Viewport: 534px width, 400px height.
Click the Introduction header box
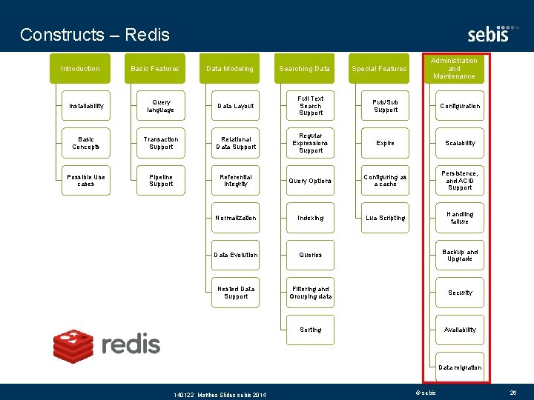[x=80, y=69]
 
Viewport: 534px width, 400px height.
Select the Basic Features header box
[x=155, y=69]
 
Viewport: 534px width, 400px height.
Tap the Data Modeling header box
[x=230, y=69]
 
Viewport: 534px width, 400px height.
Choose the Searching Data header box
[x=305, y=69]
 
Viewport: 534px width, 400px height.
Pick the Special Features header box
[x=380, y=69]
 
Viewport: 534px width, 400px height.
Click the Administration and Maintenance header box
[x=455, y=68]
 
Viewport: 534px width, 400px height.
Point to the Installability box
[x=86, y=106]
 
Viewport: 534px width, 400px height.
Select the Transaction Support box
[x=161, y=143]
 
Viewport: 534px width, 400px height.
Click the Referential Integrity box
[x=236, y=181]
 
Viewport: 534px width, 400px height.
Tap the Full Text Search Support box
[x=311, y=106]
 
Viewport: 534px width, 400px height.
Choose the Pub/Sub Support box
[x=386, y=106]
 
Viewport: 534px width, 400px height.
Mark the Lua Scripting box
[x=386, y=218]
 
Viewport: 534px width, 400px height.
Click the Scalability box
[x=460, y=143]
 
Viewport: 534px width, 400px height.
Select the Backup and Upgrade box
[x=460, y=256]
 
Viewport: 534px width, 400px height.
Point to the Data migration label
[x=460, y=367]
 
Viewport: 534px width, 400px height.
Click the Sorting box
[x=311, y=330]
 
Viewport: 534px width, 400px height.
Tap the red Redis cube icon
[x=73, y=344]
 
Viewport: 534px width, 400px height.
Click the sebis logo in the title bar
[x=488, y=34]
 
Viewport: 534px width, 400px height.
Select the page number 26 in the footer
[x=512, y=392]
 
